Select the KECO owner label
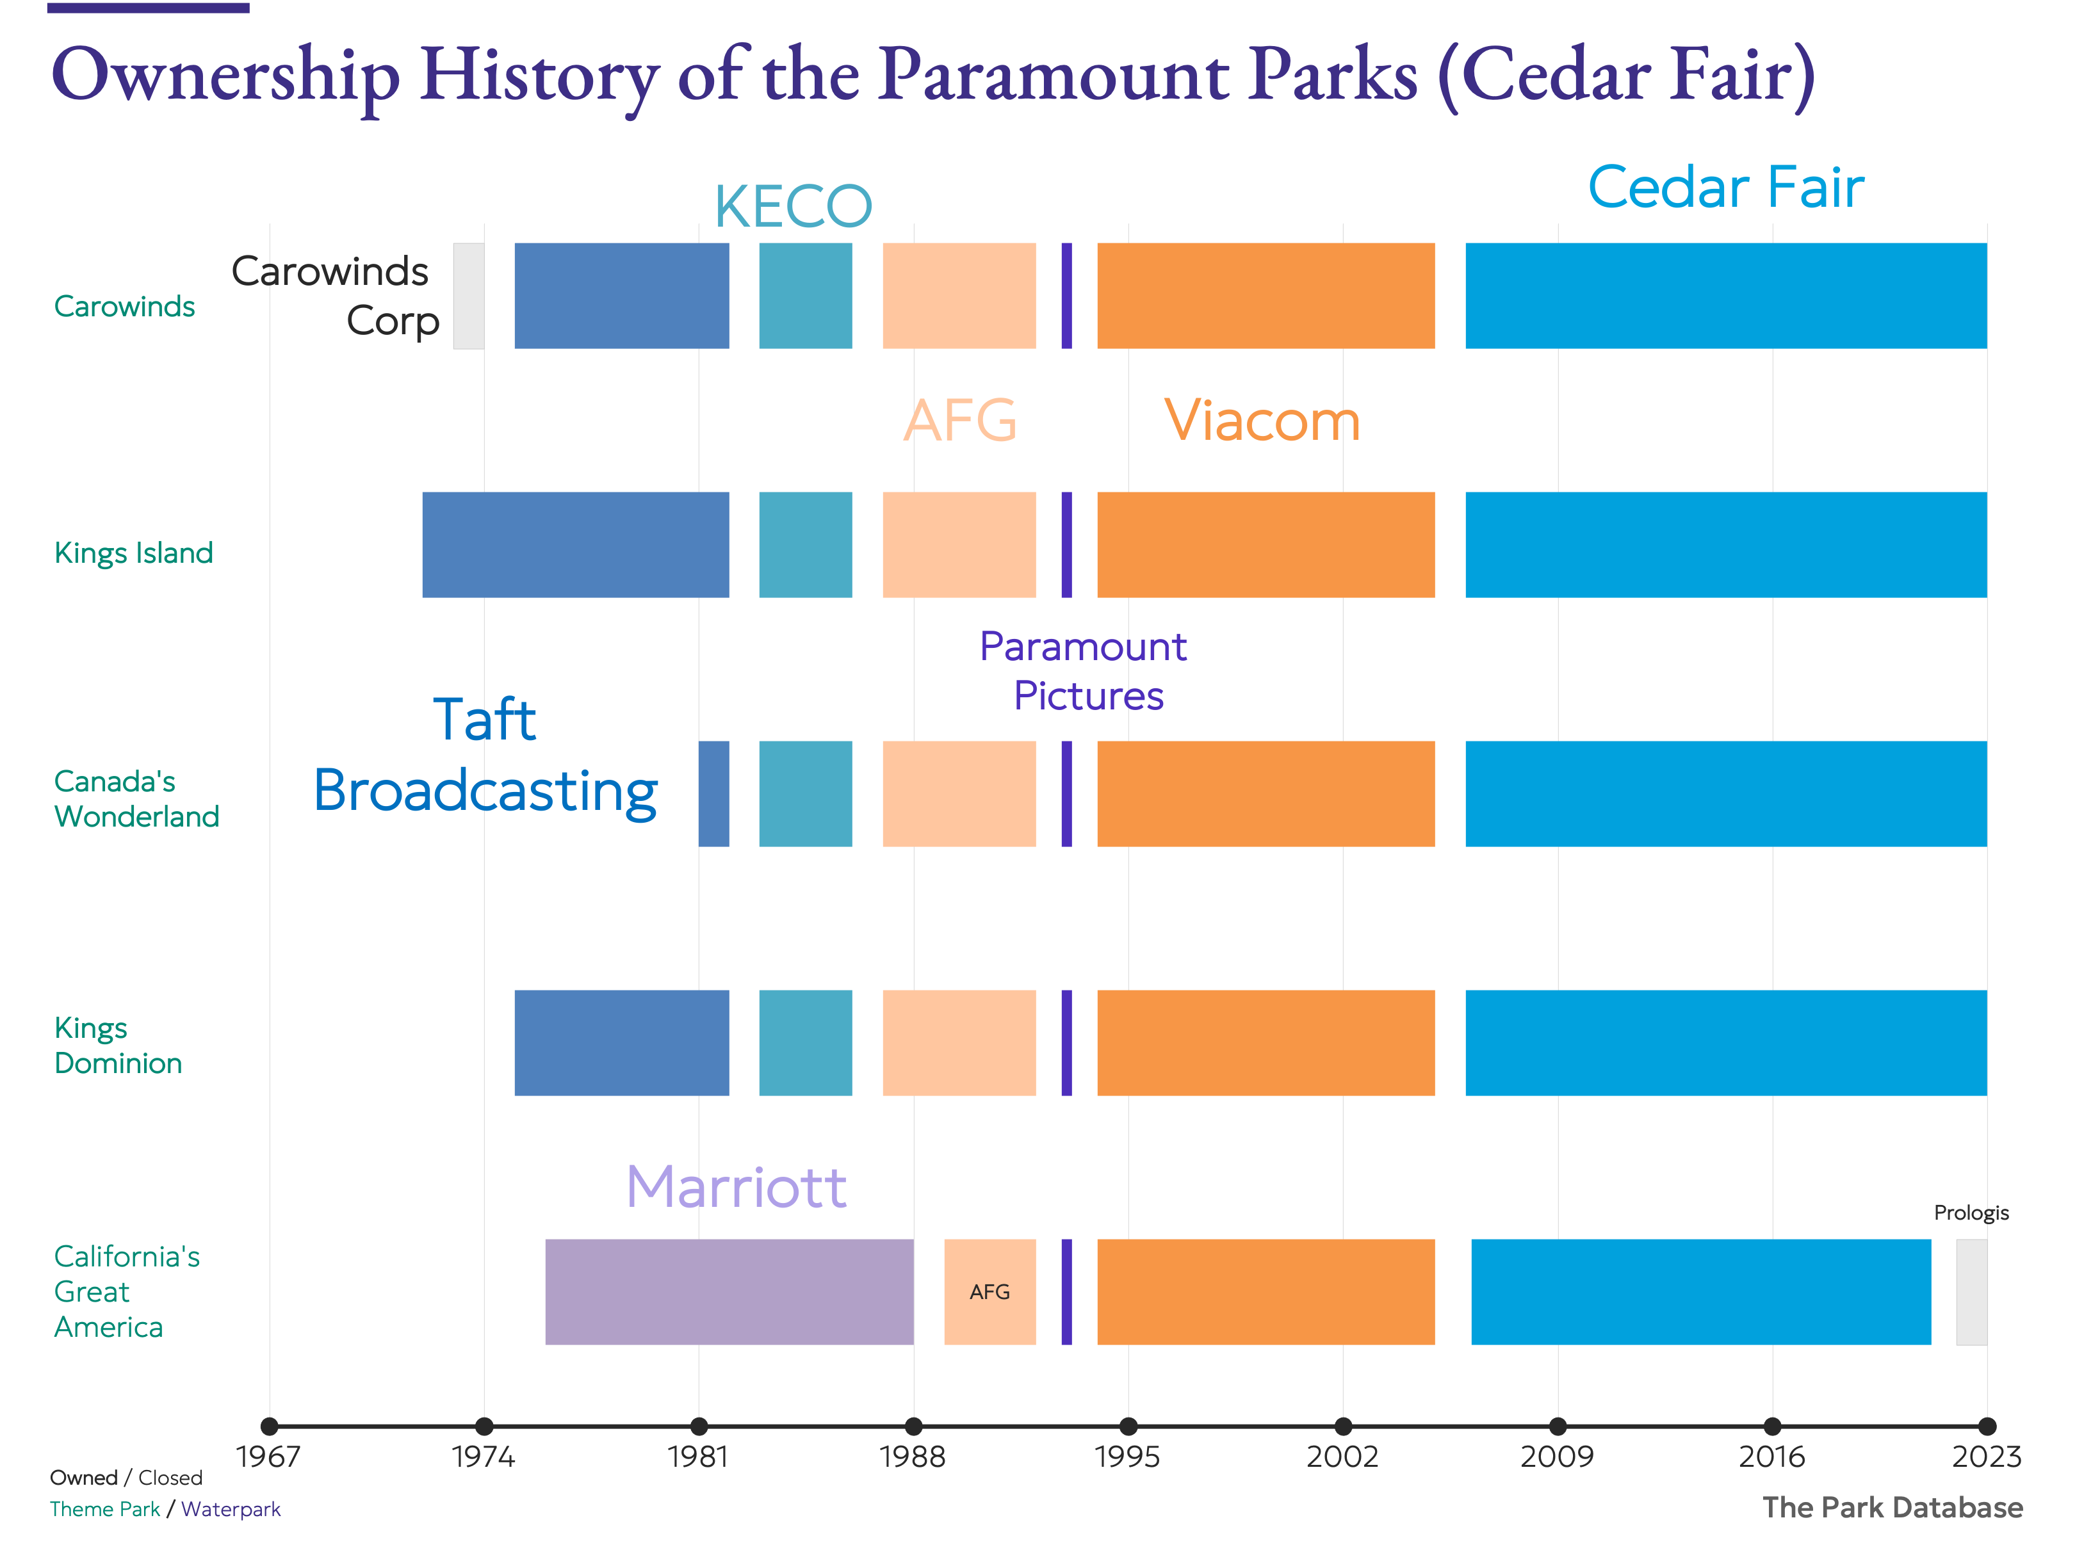(x=793, y=206)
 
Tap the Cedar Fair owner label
(x=1725, y=187)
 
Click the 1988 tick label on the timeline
(x=913, y=1456)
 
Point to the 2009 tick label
(x=1556, y=1456)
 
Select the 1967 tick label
(x=269, y=1456)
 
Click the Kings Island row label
(x=134, y=553)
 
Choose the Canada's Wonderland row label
(x=136, y=798)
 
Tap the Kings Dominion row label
(x=118, y=1045)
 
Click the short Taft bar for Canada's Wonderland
(x=713, y=793)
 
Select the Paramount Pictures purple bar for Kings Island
(x=1066, y=545)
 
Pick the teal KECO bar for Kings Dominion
(x=805, y=1042)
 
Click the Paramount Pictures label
(x=1084, y=670)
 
